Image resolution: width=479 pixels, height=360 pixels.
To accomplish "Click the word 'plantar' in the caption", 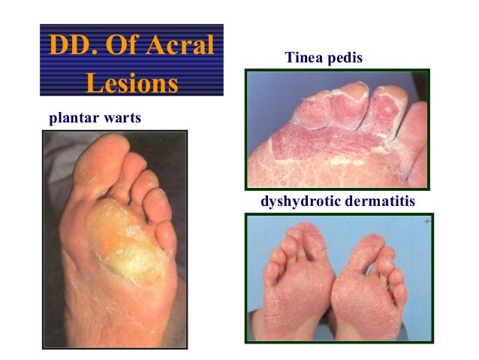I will pos(72,118).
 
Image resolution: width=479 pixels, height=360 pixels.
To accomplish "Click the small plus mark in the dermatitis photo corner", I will pos(426,222).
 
